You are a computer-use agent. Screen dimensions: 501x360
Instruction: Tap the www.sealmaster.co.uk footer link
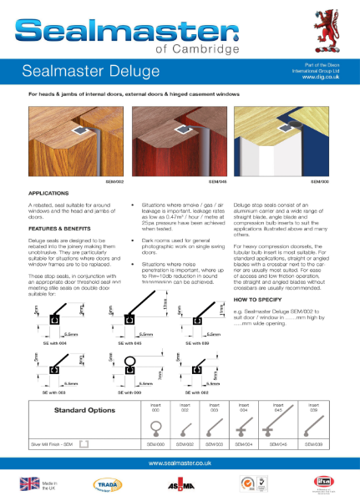pos(180,463)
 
